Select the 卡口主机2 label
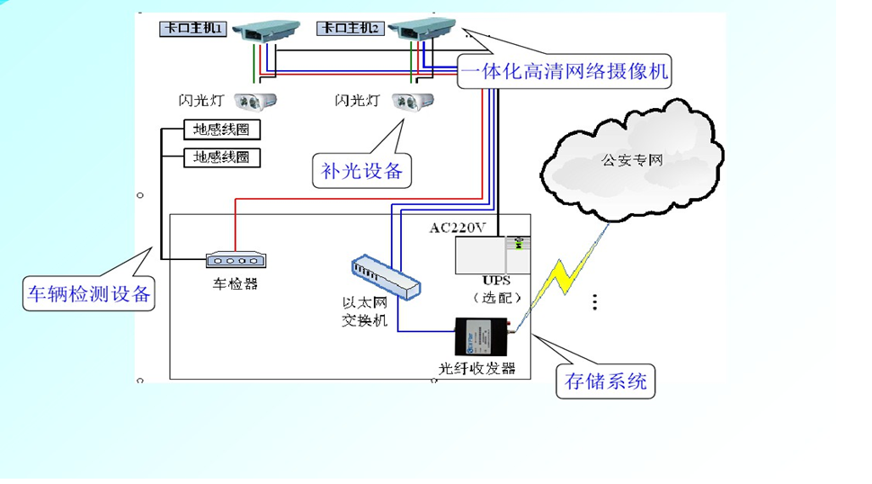(x=351, y=29)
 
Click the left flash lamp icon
(x=255, y=102)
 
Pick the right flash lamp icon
(x=414, y=102)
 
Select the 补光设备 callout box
(x=361, y=170)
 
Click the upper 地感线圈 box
(x=221, y=130)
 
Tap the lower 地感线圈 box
(x=221, y=158)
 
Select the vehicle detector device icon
(x=236, y=260)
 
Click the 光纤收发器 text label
(x=477, y=369)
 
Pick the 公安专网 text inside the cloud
(x=632, y=162)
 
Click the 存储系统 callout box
(x=605, y=381)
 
